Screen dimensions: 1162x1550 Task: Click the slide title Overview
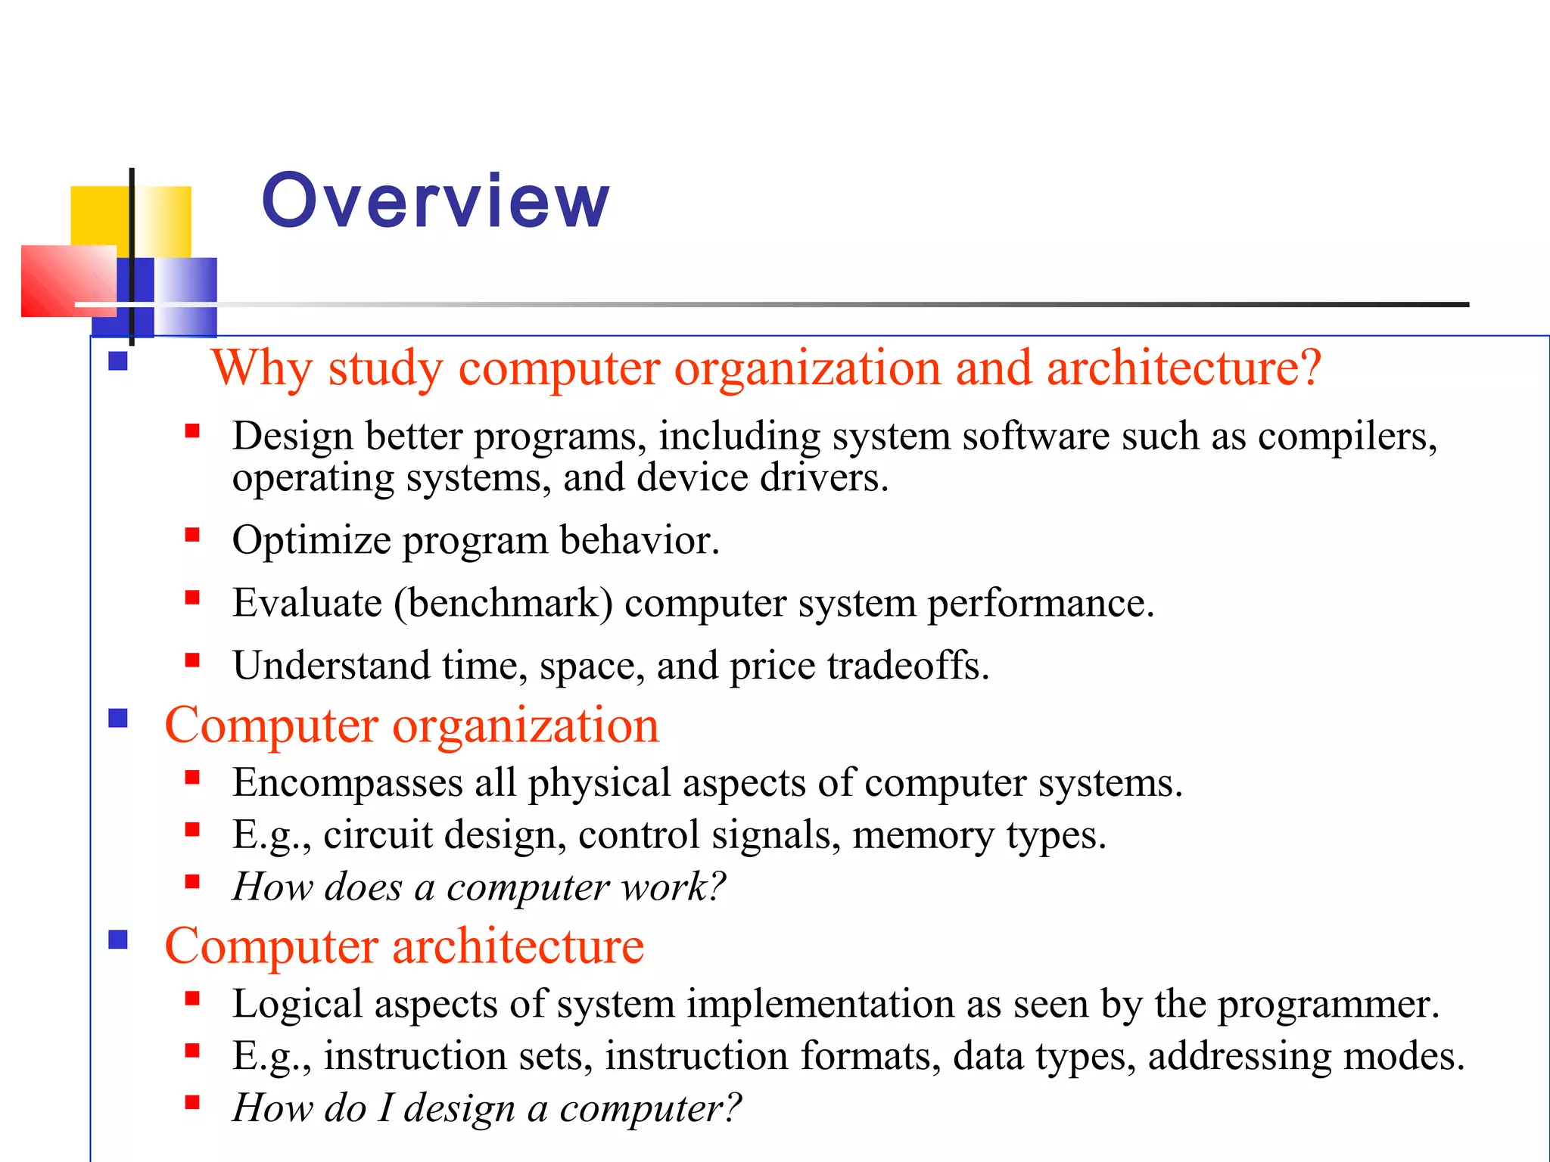point(435,200)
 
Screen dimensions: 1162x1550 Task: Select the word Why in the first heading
point(261,368)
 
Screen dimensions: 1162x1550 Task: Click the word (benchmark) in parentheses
point(503,604)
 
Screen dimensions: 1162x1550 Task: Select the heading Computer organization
point(412,725)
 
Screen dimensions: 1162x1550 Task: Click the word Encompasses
point(347,783)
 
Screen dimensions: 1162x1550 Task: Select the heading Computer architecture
point(404,946)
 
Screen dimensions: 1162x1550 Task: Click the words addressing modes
point(1306,1057)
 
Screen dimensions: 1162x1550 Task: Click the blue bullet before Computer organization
point(118,718)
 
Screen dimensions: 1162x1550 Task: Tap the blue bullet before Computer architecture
point(118,939)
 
